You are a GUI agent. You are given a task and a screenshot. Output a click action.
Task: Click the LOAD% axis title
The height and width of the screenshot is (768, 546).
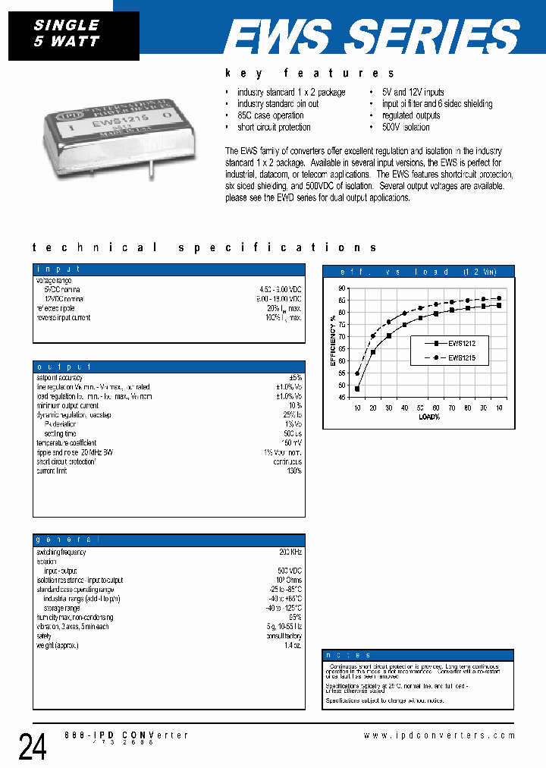(429, 417)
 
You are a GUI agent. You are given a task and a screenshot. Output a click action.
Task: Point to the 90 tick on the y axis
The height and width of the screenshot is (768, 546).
(342, 288)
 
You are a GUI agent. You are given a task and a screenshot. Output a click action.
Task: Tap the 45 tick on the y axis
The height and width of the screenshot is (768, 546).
(342, 397)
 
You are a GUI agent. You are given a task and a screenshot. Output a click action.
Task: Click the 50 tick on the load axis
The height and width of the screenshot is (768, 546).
(421, 408)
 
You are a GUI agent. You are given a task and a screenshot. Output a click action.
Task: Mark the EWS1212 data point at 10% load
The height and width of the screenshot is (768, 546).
(357, 389)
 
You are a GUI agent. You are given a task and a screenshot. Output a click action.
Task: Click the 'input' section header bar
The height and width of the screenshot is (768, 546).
(169, 269)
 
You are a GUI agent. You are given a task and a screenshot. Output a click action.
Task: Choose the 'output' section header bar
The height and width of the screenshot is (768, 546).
(169, 367)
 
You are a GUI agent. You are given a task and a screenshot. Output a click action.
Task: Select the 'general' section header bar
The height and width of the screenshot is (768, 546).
(169, 539)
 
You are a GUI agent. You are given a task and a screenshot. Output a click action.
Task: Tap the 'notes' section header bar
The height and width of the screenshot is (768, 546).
(418, 654)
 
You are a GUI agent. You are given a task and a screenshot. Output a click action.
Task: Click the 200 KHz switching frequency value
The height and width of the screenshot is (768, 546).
(290, 553)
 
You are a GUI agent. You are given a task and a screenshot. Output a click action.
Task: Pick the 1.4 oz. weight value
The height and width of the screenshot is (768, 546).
(293, 645)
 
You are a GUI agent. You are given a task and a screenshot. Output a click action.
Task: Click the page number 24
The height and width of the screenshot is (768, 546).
(33, 747)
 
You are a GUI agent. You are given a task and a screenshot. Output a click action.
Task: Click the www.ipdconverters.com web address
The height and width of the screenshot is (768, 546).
(439, 735)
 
